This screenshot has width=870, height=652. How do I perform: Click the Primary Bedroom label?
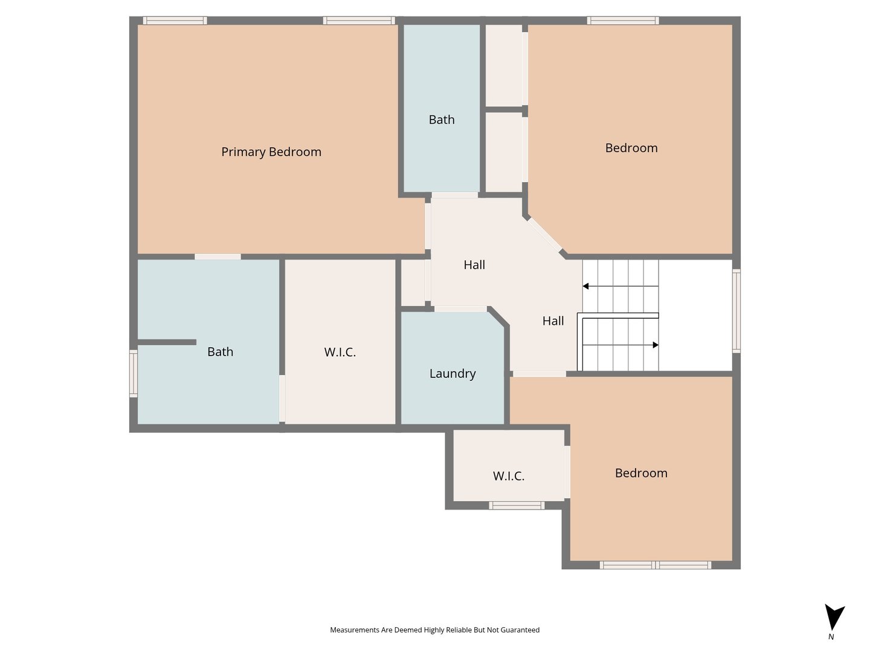pyautogui.click(x=271, y=152)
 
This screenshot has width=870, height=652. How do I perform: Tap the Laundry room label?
pyautogui.click(x=453, y=374)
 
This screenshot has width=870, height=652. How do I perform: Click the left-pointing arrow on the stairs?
pyautogui.click(x=620, y=286)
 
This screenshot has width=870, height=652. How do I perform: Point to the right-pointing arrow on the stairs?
pyautogui.click(x=620, y=345)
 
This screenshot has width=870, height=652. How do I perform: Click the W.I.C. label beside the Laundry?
pyautogui.click(x=340, y=352)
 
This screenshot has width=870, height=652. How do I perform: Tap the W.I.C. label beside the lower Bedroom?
pyautogui.click(x=509, y=476)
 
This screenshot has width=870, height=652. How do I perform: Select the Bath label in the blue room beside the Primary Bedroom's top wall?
pyautogui.click(x=442, y=120)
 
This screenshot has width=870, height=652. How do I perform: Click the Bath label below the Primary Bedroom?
pyautogui.click(x=220, y=351)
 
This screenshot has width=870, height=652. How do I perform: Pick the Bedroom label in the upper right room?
pyautogui.click(x=631, y=148)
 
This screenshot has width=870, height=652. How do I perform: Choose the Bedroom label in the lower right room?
pyautogui.click(x=641, y=473)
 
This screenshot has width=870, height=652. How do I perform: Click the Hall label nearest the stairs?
pyautogui.click(x=553, y=321)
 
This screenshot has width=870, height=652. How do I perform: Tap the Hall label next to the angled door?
pyautogui.click(x=474, y=265)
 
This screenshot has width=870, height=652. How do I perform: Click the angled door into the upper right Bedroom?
pyautogui.click(x=544, y=235)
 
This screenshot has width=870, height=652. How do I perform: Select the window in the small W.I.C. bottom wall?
pyautogui.click(x=517, y=505)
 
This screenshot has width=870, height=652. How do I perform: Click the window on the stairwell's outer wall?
pyautogui.click(x=736, y=311)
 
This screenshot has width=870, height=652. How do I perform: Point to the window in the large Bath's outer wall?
pyautogui.click(x=134, y=373)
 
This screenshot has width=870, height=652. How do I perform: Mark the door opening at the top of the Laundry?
pyautogui.click(x=460, y=308)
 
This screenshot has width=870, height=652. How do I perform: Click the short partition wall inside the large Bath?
pyautogui.click(x=167, y=342)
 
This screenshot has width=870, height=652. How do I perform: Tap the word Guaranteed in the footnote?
pyautogui.click(x=520, y=630)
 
